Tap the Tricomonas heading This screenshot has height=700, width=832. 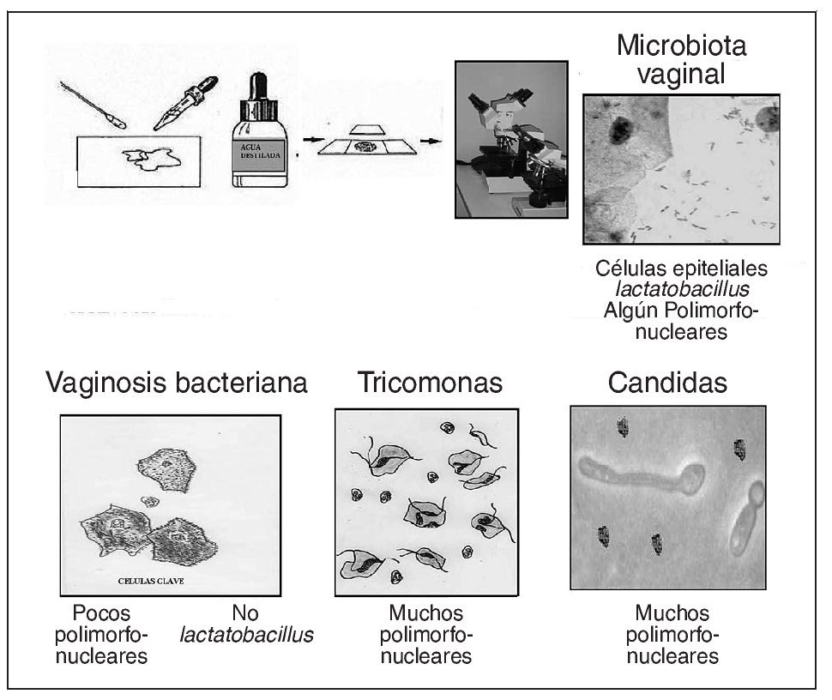430,383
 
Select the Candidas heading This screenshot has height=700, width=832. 666,383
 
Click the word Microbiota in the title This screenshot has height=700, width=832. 681,45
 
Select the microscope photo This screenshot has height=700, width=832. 511,139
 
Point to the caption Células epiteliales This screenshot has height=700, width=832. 682,267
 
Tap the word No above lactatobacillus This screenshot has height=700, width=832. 244,613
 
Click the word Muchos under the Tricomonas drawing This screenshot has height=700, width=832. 425,613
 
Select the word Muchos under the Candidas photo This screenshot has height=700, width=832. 672,613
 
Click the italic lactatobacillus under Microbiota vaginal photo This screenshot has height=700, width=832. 672,288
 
